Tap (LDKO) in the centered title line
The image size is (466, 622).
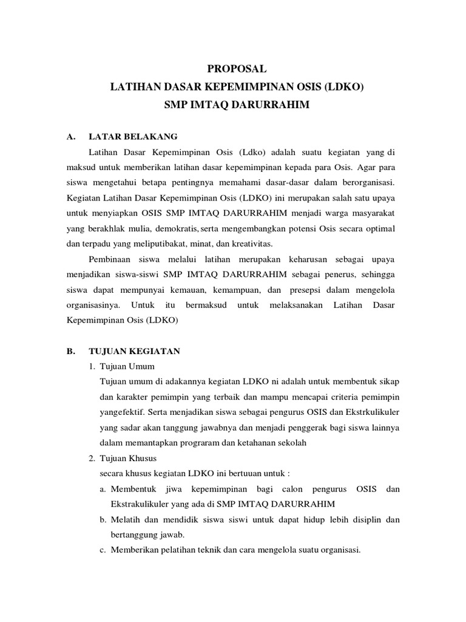pyautogui.click(x=343, y=87)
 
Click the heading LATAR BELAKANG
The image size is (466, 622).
pyautogui.click(x=133, y=136)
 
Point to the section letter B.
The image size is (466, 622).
pyautogui.click(x=70, y=351)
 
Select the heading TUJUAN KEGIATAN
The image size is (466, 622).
pyautogui.click(x=134, y=351)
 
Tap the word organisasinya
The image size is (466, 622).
pyautogui.click(x=95, y=304)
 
